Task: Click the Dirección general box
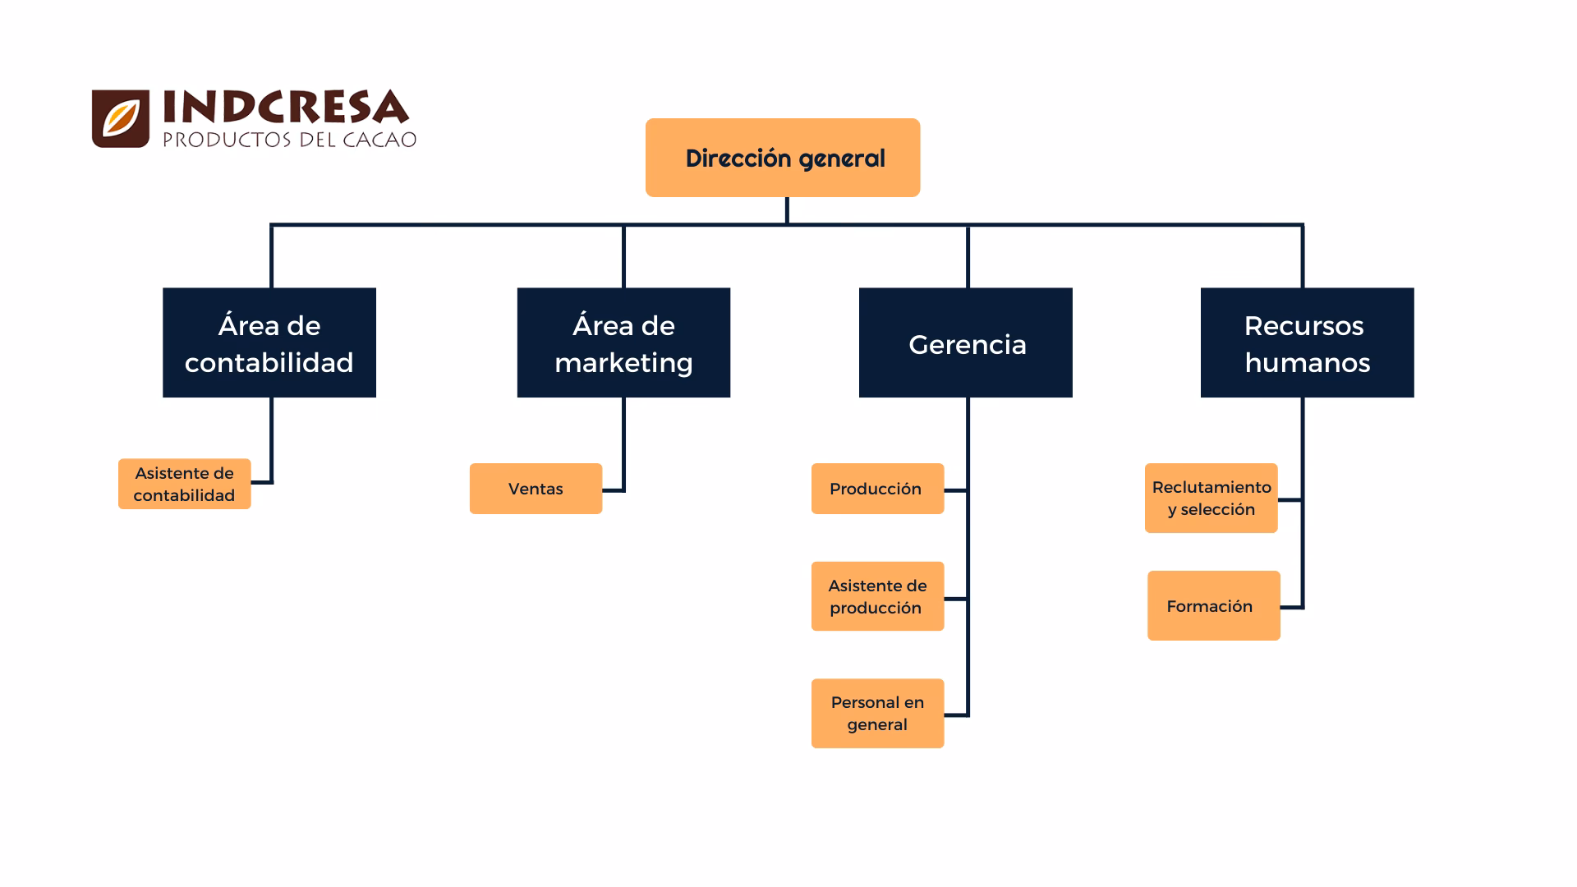coord(782,158)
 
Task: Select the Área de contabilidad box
coord(269,342)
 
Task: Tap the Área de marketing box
coord(623,342)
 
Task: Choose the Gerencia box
coord(965,342)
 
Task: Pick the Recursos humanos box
coord(1307,342)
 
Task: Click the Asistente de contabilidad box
coord(184,484)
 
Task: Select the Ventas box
coord(536,489)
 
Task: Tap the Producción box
coord(877,489)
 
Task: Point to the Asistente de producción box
coord(877,596)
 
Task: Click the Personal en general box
coord(877,713)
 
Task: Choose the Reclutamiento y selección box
coord(1211,498)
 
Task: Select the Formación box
coord(1213,605)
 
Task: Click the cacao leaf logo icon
coord(121,118)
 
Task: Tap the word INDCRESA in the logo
coord(285,108)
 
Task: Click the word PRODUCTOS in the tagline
coord(227,140)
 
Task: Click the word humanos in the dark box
coord(1307,363)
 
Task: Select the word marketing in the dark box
coord(623,363)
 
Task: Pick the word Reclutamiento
coord(1211,487)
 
